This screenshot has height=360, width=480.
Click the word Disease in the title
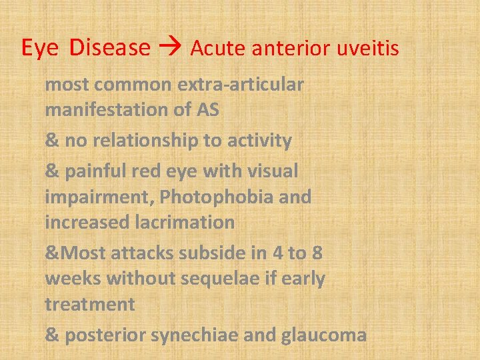(x=110, y=47)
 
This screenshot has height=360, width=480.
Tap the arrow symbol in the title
(x=171, y=48)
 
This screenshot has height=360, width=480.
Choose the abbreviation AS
(x=208, y=110)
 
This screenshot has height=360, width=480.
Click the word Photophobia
(x=213, y=197)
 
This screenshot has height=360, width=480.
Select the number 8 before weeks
(x=318, y=254)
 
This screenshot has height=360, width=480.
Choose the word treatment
(x=90, y=305)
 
